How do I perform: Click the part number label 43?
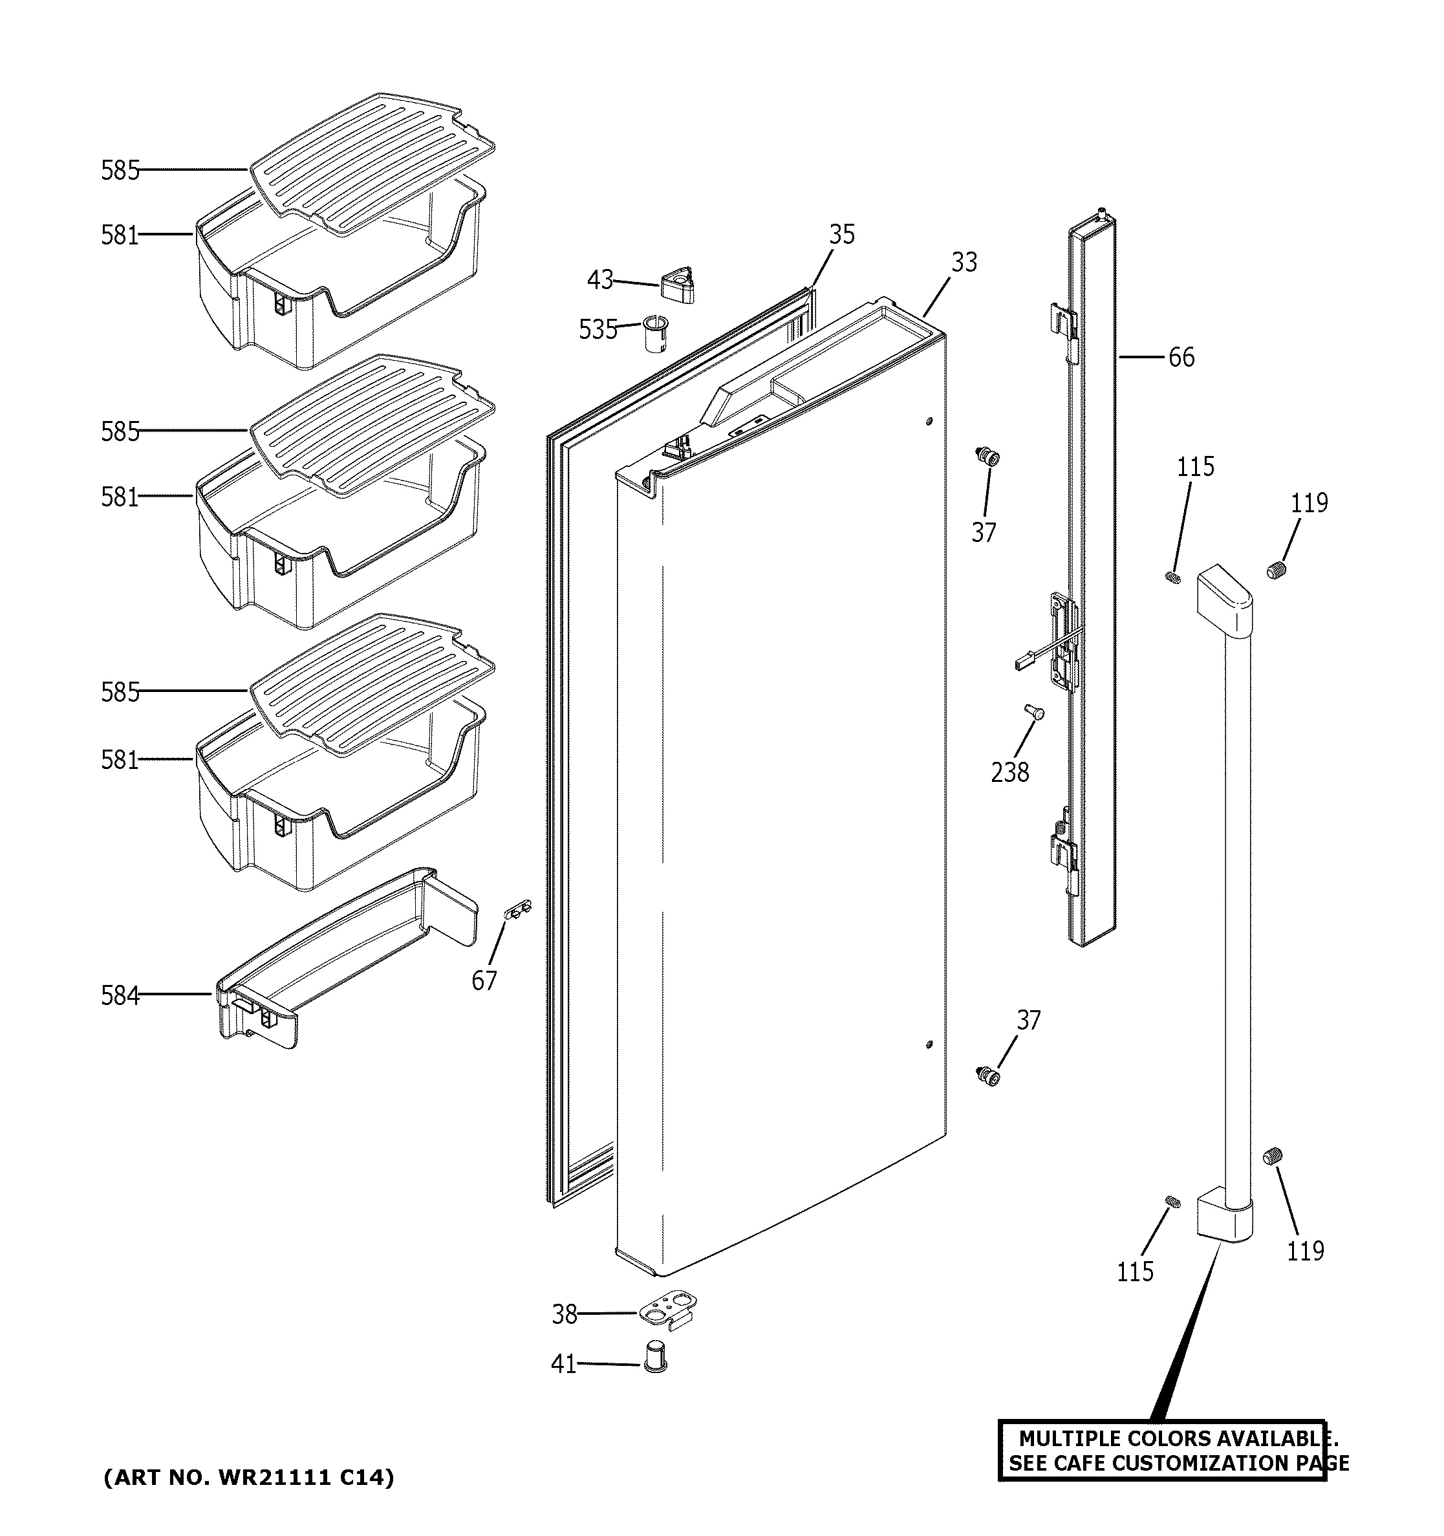[599, 279]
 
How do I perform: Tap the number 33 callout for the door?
[964, 262]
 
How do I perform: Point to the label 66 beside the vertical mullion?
[1181, 357]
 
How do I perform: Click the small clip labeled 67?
[519, 909]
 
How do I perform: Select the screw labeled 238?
[1033, 711]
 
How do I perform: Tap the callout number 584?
[120, 996]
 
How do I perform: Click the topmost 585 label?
[120, 170]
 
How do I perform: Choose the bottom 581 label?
[120, 761]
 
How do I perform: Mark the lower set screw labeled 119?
[1273, 1178]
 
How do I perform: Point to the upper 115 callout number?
[1195, 467]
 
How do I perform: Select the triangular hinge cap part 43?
[678, 285]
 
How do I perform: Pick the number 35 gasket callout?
[842, 234]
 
